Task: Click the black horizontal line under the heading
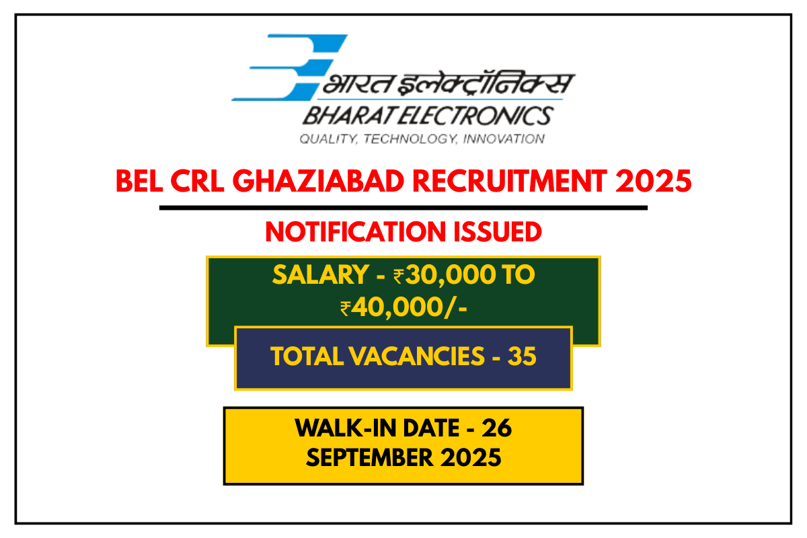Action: tap(403, 208)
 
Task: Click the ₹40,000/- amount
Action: tap(403, 308)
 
